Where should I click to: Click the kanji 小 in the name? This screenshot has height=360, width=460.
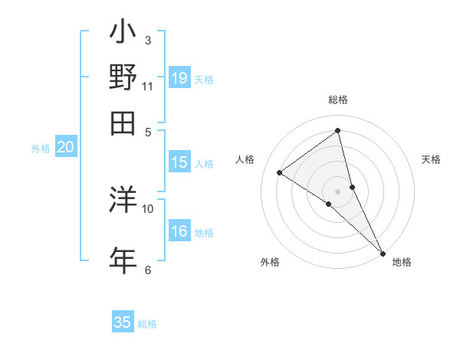(123, 34)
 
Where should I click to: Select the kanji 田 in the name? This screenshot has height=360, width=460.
(123, 122)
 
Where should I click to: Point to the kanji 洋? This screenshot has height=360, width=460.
(123, 201)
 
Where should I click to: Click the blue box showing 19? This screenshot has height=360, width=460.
(179, 78)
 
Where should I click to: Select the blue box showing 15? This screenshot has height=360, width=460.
(179, 162)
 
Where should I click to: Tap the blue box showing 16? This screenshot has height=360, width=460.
(179, 232)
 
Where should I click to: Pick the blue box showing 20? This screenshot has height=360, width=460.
(65, 148)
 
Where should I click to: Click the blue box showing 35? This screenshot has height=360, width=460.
(123, 322)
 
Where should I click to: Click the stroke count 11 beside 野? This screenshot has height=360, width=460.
(148, 86)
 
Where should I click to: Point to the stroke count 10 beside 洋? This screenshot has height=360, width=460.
(148, 208)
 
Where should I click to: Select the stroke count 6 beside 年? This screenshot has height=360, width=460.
(148, 269)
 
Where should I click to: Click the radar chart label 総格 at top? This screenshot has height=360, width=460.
(338, 100)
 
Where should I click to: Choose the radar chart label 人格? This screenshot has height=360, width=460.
(245, 159)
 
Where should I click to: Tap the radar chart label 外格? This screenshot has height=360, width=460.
(270, 263)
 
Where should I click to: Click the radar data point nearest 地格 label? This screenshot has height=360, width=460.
(382, 252)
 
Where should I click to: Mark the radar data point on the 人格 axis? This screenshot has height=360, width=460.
(280, 172)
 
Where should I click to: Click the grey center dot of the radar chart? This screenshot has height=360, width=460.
(338, 191)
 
